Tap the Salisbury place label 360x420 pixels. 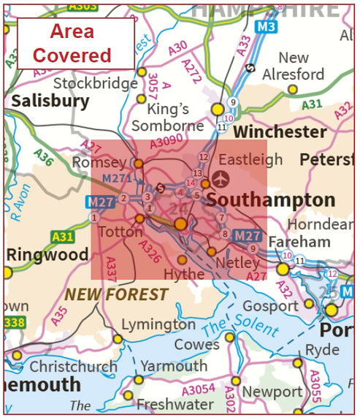pos(50,101)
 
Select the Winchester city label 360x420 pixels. pos(280,131)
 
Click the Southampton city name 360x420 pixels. pos(271,200)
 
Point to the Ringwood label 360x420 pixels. pos(47,255)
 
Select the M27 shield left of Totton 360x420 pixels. pos(100,202)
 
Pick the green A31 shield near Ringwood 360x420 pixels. pos(63,237)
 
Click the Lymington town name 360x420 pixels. pos(158,324)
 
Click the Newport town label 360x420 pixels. pos(272,392)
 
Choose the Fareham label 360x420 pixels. pos(299,241)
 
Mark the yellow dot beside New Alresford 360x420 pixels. pos(292,89)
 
